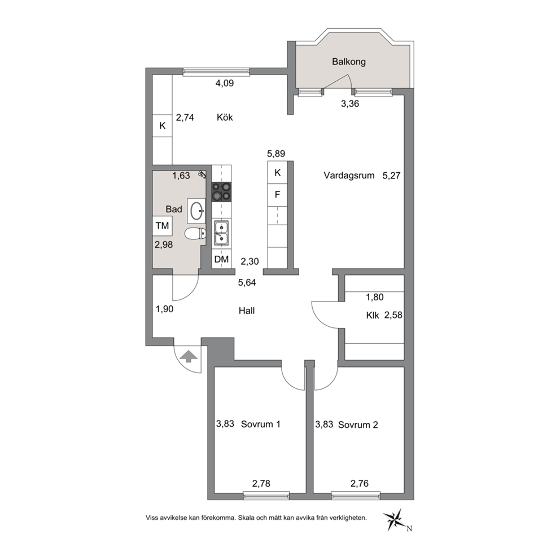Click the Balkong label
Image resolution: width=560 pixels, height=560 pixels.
click(x=348, y=62)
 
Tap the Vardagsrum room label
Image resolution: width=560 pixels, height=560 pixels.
click(x=349, y=176)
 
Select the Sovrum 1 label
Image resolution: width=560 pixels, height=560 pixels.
click(x=260, y=425)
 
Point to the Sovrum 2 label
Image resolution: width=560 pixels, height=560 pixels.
click(x=358, y=425)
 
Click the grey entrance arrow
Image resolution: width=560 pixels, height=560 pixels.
click(x=189, y=356)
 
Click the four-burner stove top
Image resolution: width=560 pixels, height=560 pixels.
click(x=221, y=192)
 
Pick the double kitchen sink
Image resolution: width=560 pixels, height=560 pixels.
click(x=221, y=233)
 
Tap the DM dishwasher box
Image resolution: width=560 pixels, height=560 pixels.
click(x=221, y=259)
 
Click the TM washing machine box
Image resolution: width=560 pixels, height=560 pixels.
click(x=162, y=226)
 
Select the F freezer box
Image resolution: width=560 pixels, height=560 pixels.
click(x=278, y=195)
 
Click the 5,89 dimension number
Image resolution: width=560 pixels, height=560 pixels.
click(x=276, y=154)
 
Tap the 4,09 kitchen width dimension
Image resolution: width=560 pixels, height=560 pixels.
click(x=225, y=83)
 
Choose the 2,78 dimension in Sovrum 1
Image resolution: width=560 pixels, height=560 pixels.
click(x=261, y=484)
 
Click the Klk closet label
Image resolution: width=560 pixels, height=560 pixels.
click(x=373, y=316)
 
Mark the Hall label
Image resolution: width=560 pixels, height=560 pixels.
click(x=247, y=310)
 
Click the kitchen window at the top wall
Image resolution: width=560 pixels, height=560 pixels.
click(x=216, y=72)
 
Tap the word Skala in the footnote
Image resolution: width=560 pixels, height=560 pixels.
click(x=247, y=518)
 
